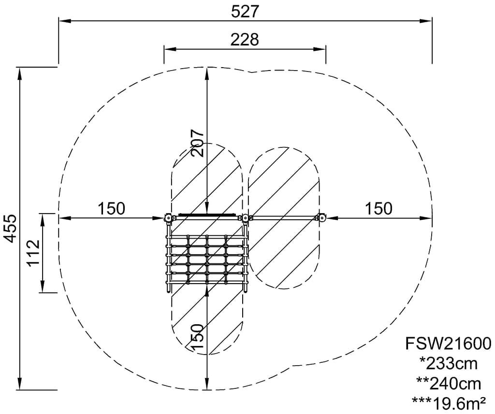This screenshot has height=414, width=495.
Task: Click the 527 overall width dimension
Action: (x=245, y=12)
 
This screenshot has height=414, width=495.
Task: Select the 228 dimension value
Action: (x=245, y=40)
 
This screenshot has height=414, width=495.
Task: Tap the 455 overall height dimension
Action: (x=12, y=229)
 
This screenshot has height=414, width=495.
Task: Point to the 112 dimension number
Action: (x=33, y=253)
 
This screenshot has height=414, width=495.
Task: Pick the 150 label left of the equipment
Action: (x=112, y=209)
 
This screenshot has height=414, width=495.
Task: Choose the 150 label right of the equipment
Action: (x=379, y=209)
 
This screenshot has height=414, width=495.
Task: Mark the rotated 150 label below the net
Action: (x=197, y=337)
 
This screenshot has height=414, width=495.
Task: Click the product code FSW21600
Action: (x=448, y=344)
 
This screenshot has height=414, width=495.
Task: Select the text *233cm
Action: (x=448, y=364)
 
